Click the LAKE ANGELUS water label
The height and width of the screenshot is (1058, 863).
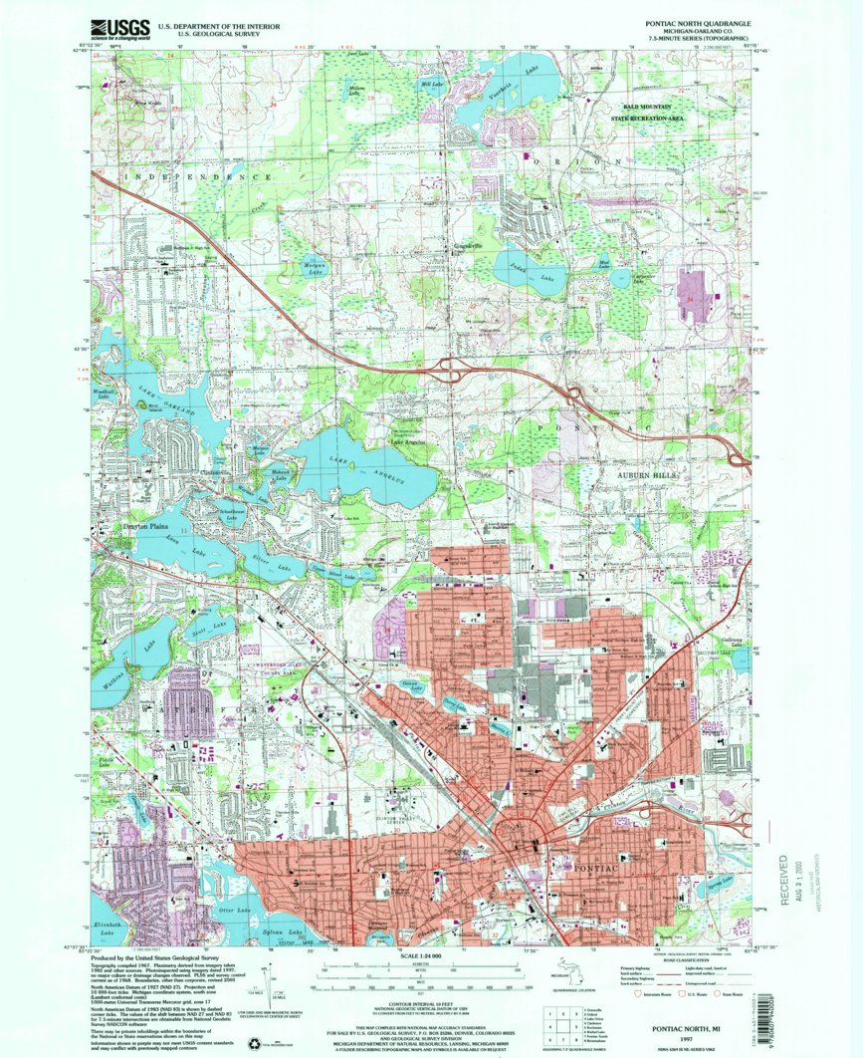click(x=378, y=473)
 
